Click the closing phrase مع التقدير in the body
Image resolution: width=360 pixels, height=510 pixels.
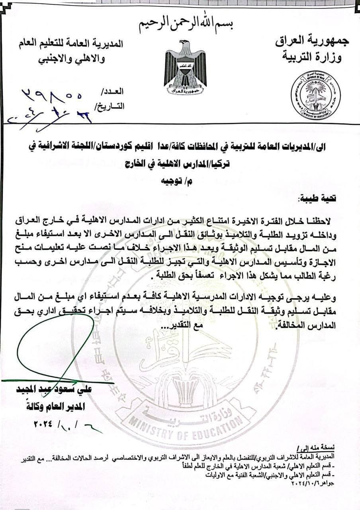(182, 326)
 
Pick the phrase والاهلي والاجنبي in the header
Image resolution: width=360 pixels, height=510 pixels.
(70, 58)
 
